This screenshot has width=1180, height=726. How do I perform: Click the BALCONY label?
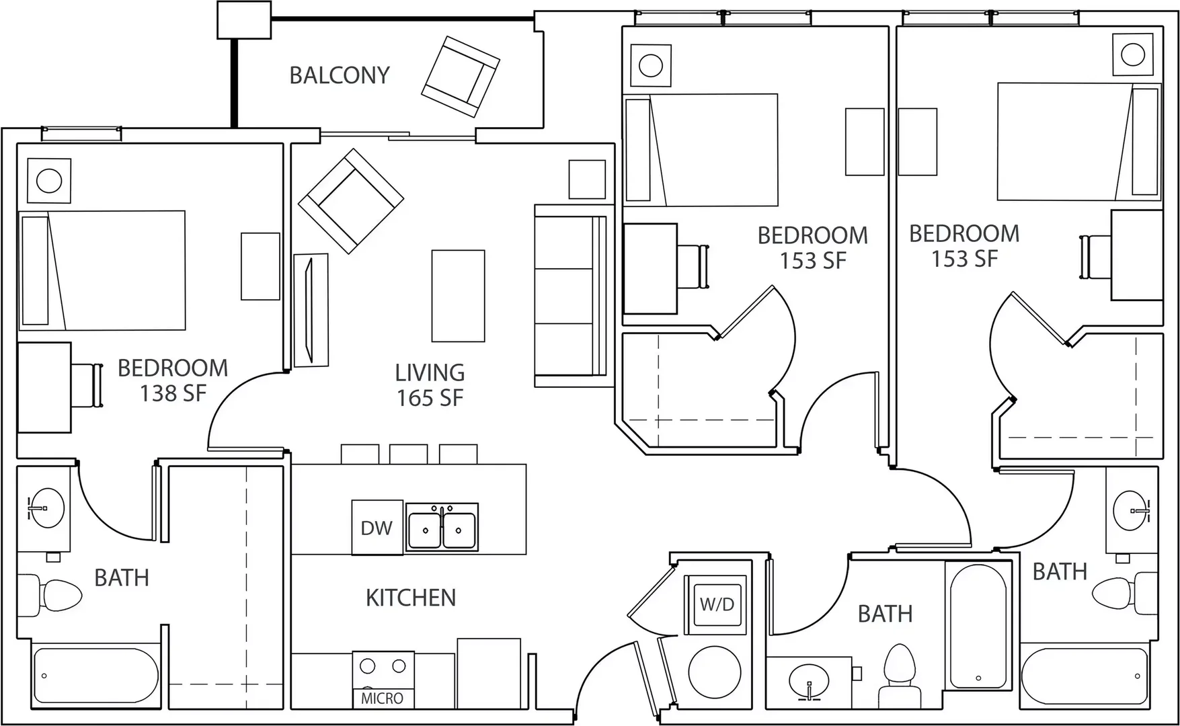pyautogui.click(x=340, y=75)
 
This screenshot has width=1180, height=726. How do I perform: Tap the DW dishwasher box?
pyautogui.click(x=377, y=528)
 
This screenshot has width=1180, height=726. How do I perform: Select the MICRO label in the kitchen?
pyautogui.click(x=382, y=698)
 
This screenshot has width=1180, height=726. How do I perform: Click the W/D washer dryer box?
pyautogui.click(x=717, y=604)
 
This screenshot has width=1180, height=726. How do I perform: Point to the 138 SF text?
pyautogui.click(x=173, y=393)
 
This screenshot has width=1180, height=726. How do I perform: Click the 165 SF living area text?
pyautogui.click(x=430, y=398)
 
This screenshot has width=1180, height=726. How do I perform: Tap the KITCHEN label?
pyautogui.click(x=411, y=598)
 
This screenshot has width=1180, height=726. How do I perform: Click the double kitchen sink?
pyautogui.click(x=442, y=527)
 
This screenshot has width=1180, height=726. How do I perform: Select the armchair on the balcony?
pyautogui.click(x=461, y=77)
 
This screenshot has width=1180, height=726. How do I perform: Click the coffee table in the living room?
pyautogui.click(x=458, y=296)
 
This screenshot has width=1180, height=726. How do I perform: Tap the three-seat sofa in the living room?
pyautogui.click(x=571, y=296)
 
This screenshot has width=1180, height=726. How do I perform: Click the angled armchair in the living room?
pyautogui.click(x=351, y=201)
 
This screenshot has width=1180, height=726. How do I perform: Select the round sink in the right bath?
pyautogui.click(x=1132, y=511)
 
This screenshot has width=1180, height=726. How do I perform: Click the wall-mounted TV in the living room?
pyautogui.click(x=311, y=310)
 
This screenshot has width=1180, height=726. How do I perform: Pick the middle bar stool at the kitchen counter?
pyautogui.click(x=409, y=454)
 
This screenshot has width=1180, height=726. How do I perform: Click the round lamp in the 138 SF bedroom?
pyautogui.click(x=49, y=180)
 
